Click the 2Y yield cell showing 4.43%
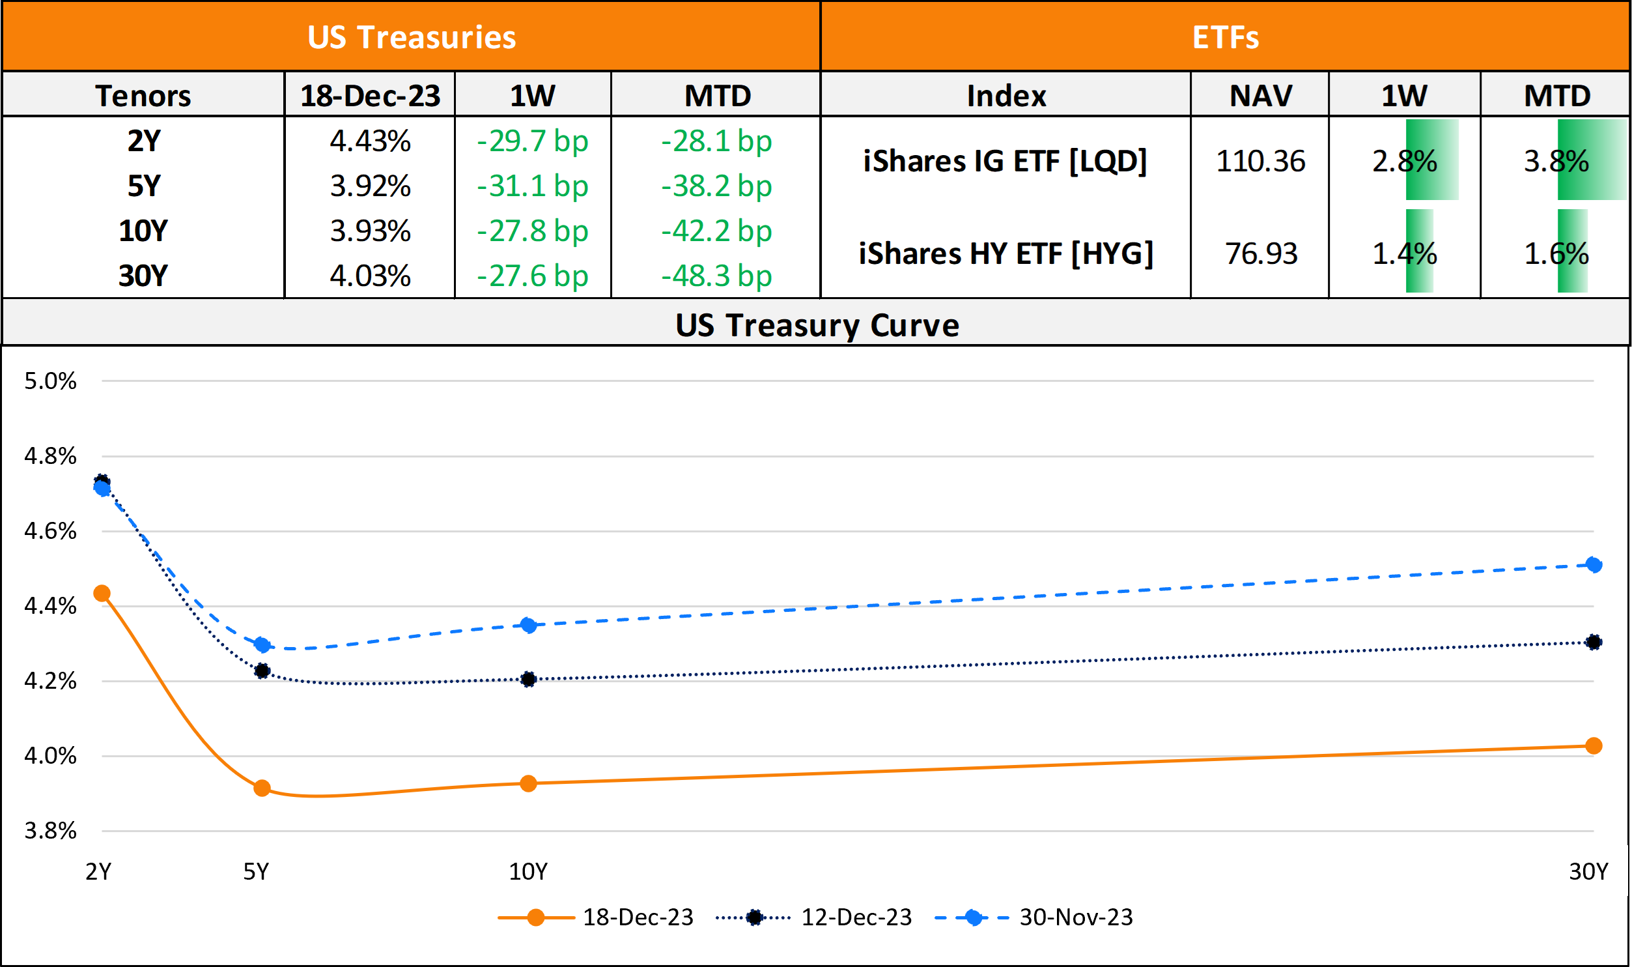click(x=370, y=141)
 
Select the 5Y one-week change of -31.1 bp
click(x=533, y=186)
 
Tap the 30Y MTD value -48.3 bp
click(x=716, y=276)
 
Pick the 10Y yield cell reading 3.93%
click(x=370, y=231)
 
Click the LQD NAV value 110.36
click(x=1260, y=162)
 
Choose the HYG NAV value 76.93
click(x=1261, y=254)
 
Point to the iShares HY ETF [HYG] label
click(x=1006, y=254)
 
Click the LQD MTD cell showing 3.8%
click(x=1556, y=162)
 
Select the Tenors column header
click(x=143, y=96)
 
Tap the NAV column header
click(x=1260, y=96)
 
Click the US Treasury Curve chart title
click(x=817, y=325)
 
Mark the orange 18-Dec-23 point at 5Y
click(x=262, y=788)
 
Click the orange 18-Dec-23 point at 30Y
click(x=1594, y=745)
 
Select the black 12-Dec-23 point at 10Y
click(x=528, y=679)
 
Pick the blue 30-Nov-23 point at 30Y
click(x=1594, y=564)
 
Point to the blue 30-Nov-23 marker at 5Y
click(x=262, y=645)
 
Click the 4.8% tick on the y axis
click(x=50, y=456)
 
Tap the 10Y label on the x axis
click(x=528, y=872)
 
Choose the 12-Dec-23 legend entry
click(x=856, y=917)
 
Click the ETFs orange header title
click(x=1225, y=37)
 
